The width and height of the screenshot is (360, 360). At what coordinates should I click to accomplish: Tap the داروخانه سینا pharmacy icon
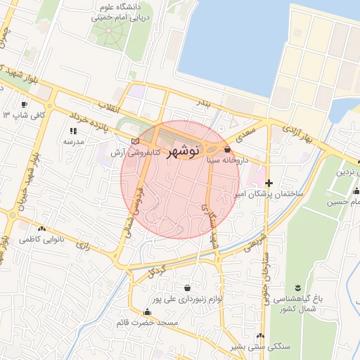click(226, 149)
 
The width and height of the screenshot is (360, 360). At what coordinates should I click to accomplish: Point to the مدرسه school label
click(74, 141)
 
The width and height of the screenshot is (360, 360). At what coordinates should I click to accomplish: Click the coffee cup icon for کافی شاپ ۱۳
click(6, 114)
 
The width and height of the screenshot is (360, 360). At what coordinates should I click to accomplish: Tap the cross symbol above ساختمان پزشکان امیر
click(269, 183)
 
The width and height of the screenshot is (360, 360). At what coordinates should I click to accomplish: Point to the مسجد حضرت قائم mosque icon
click(147, 312)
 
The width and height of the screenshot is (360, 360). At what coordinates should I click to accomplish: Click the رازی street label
click(84, 247)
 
